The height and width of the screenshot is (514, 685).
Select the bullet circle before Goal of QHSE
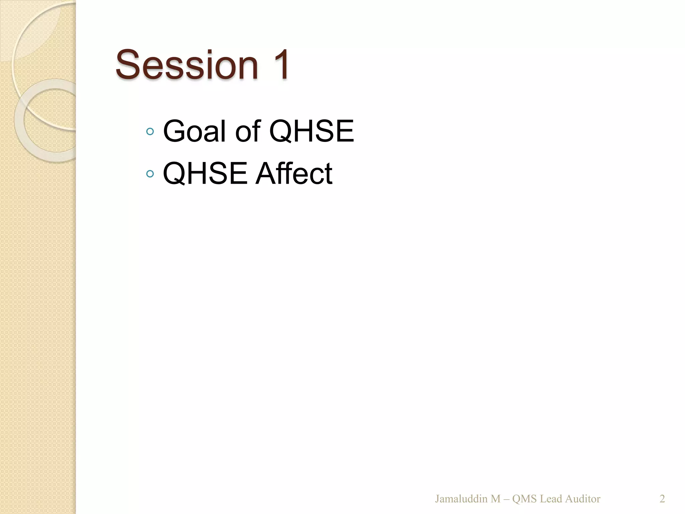pos(150,132)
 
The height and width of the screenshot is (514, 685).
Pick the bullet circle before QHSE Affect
pos(150,174)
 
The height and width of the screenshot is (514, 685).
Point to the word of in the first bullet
pos(248,131)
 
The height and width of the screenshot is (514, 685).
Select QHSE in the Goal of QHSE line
pos(311,131)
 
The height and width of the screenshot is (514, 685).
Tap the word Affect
pos(294,173)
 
